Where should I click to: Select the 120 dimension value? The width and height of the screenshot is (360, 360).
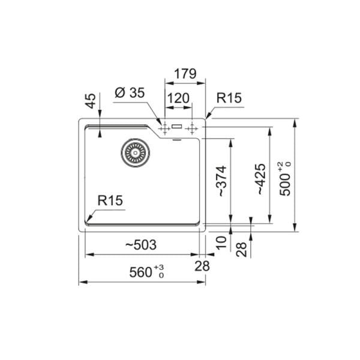(x=178, y=98)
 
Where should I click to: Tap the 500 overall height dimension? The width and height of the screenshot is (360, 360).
(x=287, y=178)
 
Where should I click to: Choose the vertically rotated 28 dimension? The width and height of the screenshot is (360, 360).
(x=241, y=249)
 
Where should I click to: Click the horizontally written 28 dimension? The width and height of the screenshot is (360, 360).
(x=202, y=266)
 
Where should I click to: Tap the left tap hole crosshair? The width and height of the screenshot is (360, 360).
(x=163, y=127)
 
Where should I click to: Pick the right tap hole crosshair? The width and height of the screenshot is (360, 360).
(x=191, y=127)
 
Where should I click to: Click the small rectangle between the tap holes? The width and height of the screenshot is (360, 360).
(x=177, y=127)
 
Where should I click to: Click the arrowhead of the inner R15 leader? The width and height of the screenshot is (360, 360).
(x=88, y=219)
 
